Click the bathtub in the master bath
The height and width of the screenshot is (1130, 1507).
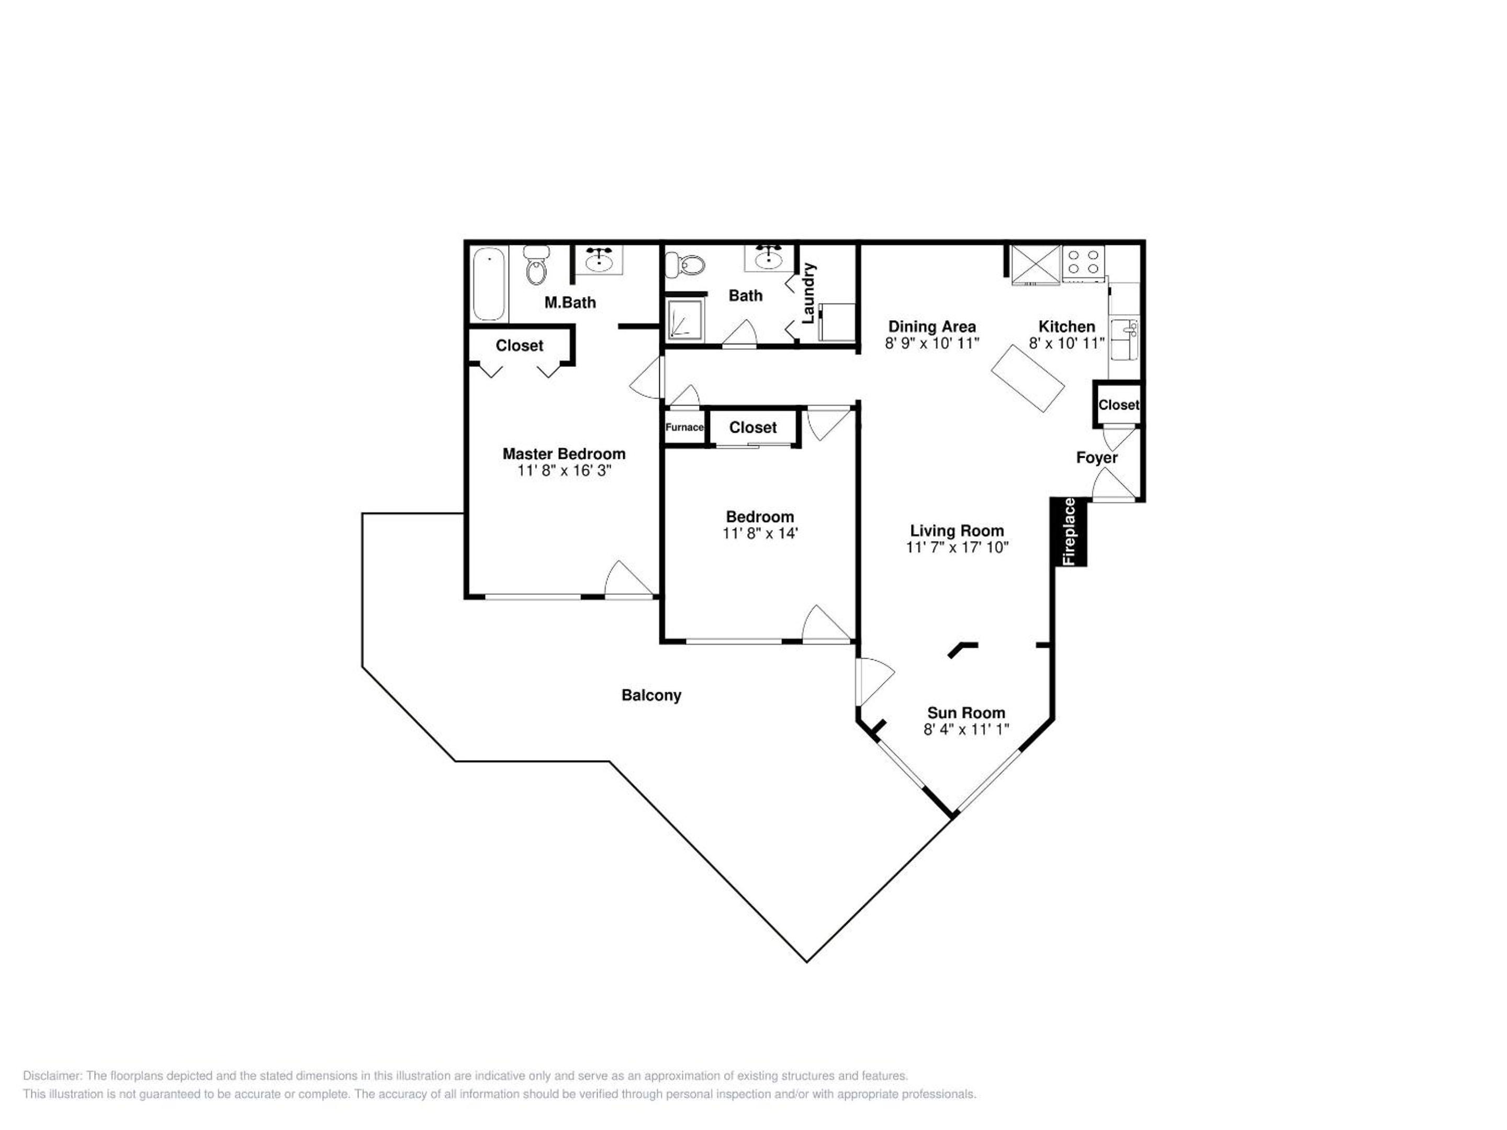[x=489, y=284]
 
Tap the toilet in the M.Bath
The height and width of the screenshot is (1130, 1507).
[x=536, y=266]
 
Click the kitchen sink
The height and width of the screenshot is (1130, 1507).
[x=1124, y=339]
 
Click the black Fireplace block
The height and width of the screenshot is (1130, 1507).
[x=1069, y=532]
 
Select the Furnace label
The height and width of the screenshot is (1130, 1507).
[x=684, y=427]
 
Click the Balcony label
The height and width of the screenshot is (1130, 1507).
[x=651, y=695]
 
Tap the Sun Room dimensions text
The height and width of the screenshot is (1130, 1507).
[x=966, y=729]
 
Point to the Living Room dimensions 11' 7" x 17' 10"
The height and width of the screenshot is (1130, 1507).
[x=957, y=547]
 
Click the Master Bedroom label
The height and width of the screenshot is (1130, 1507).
[x=564, y=454]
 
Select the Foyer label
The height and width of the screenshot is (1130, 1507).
[x=1097, y=458]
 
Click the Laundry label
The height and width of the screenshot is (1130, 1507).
[x=808, y=293]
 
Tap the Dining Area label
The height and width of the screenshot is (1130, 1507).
[x=932, y=327]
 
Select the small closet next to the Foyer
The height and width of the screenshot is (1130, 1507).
[x=1118, y=404]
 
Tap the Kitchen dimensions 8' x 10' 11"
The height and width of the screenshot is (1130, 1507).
[x=1066, y=343]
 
